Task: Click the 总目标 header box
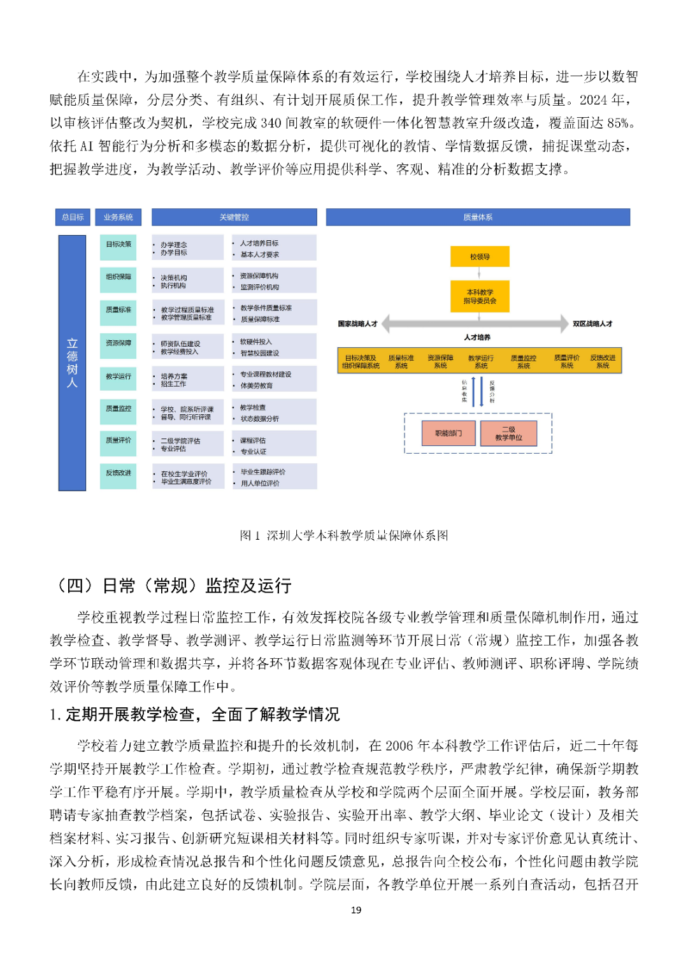coord(73,217)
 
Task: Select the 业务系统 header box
coord(118,217)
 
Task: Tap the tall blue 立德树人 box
coord(72,363)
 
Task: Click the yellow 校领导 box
coord(480,257)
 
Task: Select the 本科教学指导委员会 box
coord(480,296)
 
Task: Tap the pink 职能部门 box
coord(448,433)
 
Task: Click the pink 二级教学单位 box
coord(508,433)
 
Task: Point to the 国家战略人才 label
coord(357,324)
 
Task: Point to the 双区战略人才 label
coord(592,324)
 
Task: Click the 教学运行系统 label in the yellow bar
coord(481,362)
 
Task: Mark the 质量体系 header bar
coord(478,217)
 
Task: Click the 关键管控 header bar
coord(234,217)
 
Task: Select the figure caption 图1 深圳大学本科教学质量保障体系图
coord(344,535)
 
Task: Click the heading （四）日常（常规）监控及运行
coord(174,586)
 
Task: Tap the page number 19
coord(356,910)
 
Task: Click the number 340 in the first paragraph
coord(271,123)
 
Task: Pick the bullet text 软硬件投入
coord(255,342)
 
